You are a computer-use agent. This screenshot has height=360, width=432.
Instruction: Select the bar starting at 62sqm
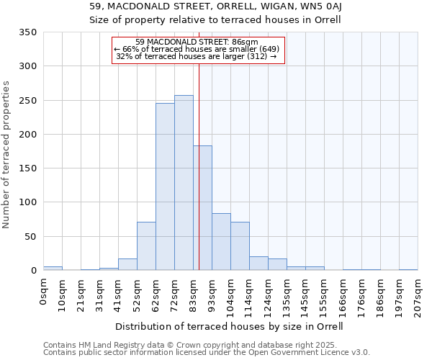[165, 187]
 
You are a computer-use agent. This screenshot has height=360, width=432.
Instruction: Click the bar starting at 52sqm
[146, 246]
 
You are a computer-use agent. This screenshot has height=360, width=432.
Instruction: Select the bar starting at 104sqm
[240, 246]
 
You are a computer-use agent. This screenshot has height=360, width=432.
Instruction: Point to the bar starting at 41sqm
[127, 264]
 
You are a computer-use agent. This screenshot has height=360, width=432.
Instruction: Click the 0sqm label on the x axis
[44, 292]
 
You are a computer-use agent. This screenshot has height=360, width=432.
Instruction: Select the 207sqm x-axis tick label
[418, 296]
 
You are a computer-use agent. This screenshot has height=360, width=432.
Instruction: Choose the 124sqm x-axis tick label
[268, 296]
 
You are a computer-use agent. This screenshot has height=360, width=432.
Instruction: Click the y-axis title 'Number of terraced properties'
[6, 155]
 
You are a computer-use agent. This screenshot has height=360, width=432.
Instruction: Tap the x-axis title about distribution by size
[230, 326]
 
